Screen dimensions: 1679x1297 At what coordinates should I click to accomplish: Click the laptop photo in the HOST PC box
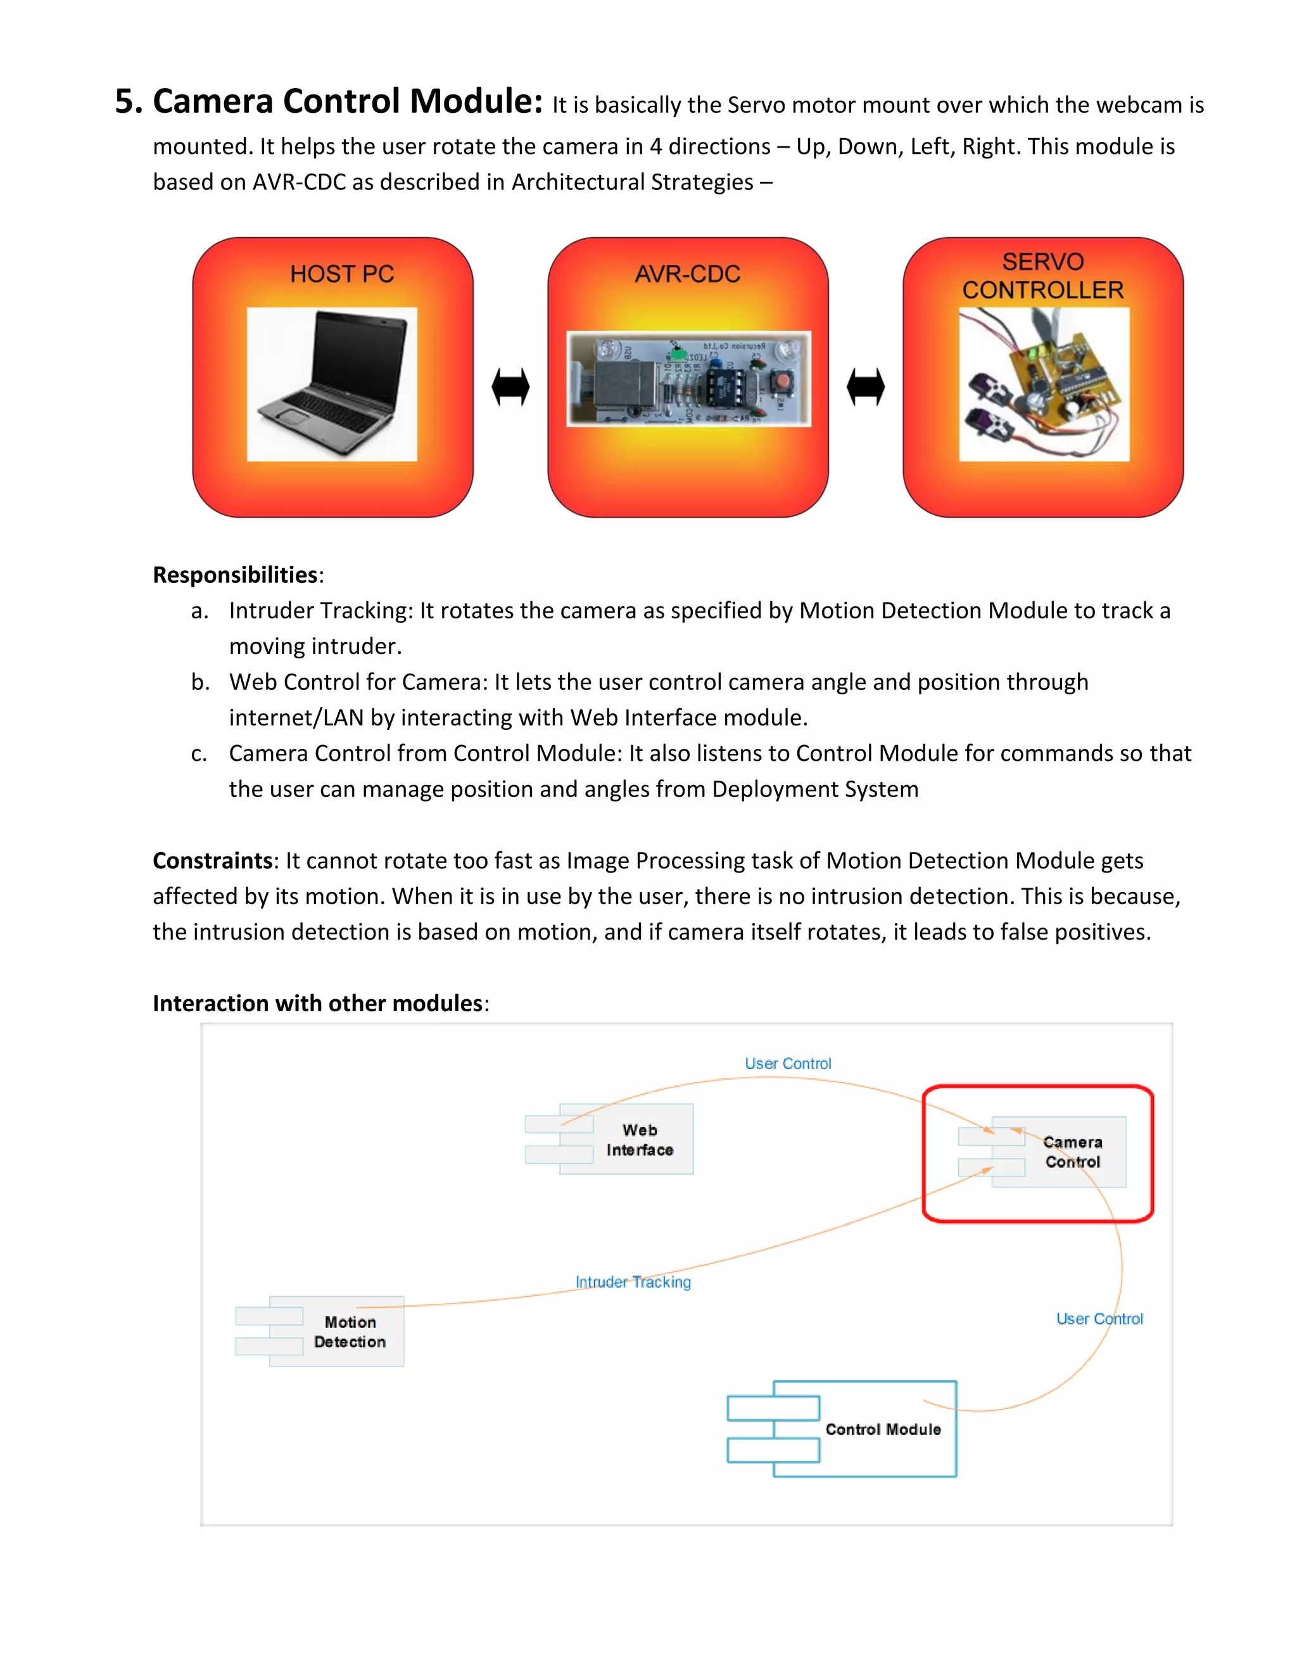pyautogui.click(x=332, y=385)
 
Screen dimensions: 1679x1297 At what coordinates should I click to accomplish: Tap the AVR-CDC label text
pyautogui.click(x=687, y=274)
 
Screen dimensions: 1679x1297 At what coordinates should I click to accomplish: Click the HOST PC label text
pyautogui.click(x=342, y=274)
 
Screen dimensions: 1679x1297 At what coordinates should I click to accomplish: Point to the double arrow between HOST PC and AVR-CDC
pyautogui.click(x=511, y=386)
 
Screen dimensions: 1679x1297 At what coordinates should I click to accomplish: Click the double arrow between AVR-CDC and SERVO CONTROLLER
pyautogui.click(x=866, y=386)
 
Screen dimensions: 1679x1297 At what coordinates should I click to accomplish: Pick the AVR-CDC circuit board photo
pyautogui.click(x=688, y=378)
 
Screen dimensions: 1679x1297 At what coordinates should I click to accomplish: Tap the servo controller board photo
pyautogui.click(x=1044, y=385)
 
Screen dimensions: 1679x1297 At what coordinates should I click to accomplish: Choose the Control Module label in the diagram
pyautogui.click(x=883, y=1429)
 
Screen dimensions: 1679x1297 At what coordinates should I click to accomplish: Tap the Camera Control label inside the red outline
pyautogui.click(x=1073, y=1152)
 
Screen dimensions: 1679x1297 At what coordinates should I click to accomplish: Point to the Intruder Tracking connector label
pyautogui.click(x=633, y=1282)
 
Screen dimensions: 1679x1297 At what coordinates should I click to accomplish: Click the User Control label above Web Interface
pyautogui.click(x=788, y=1063)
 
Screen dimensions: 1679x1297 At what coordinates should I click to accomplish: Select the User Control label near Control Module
pyautogui.click(x=1099, y=1318)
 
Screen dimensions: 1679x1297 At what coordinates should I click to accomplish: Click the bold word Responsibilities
pyautogui.click(x=235, y=575)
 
